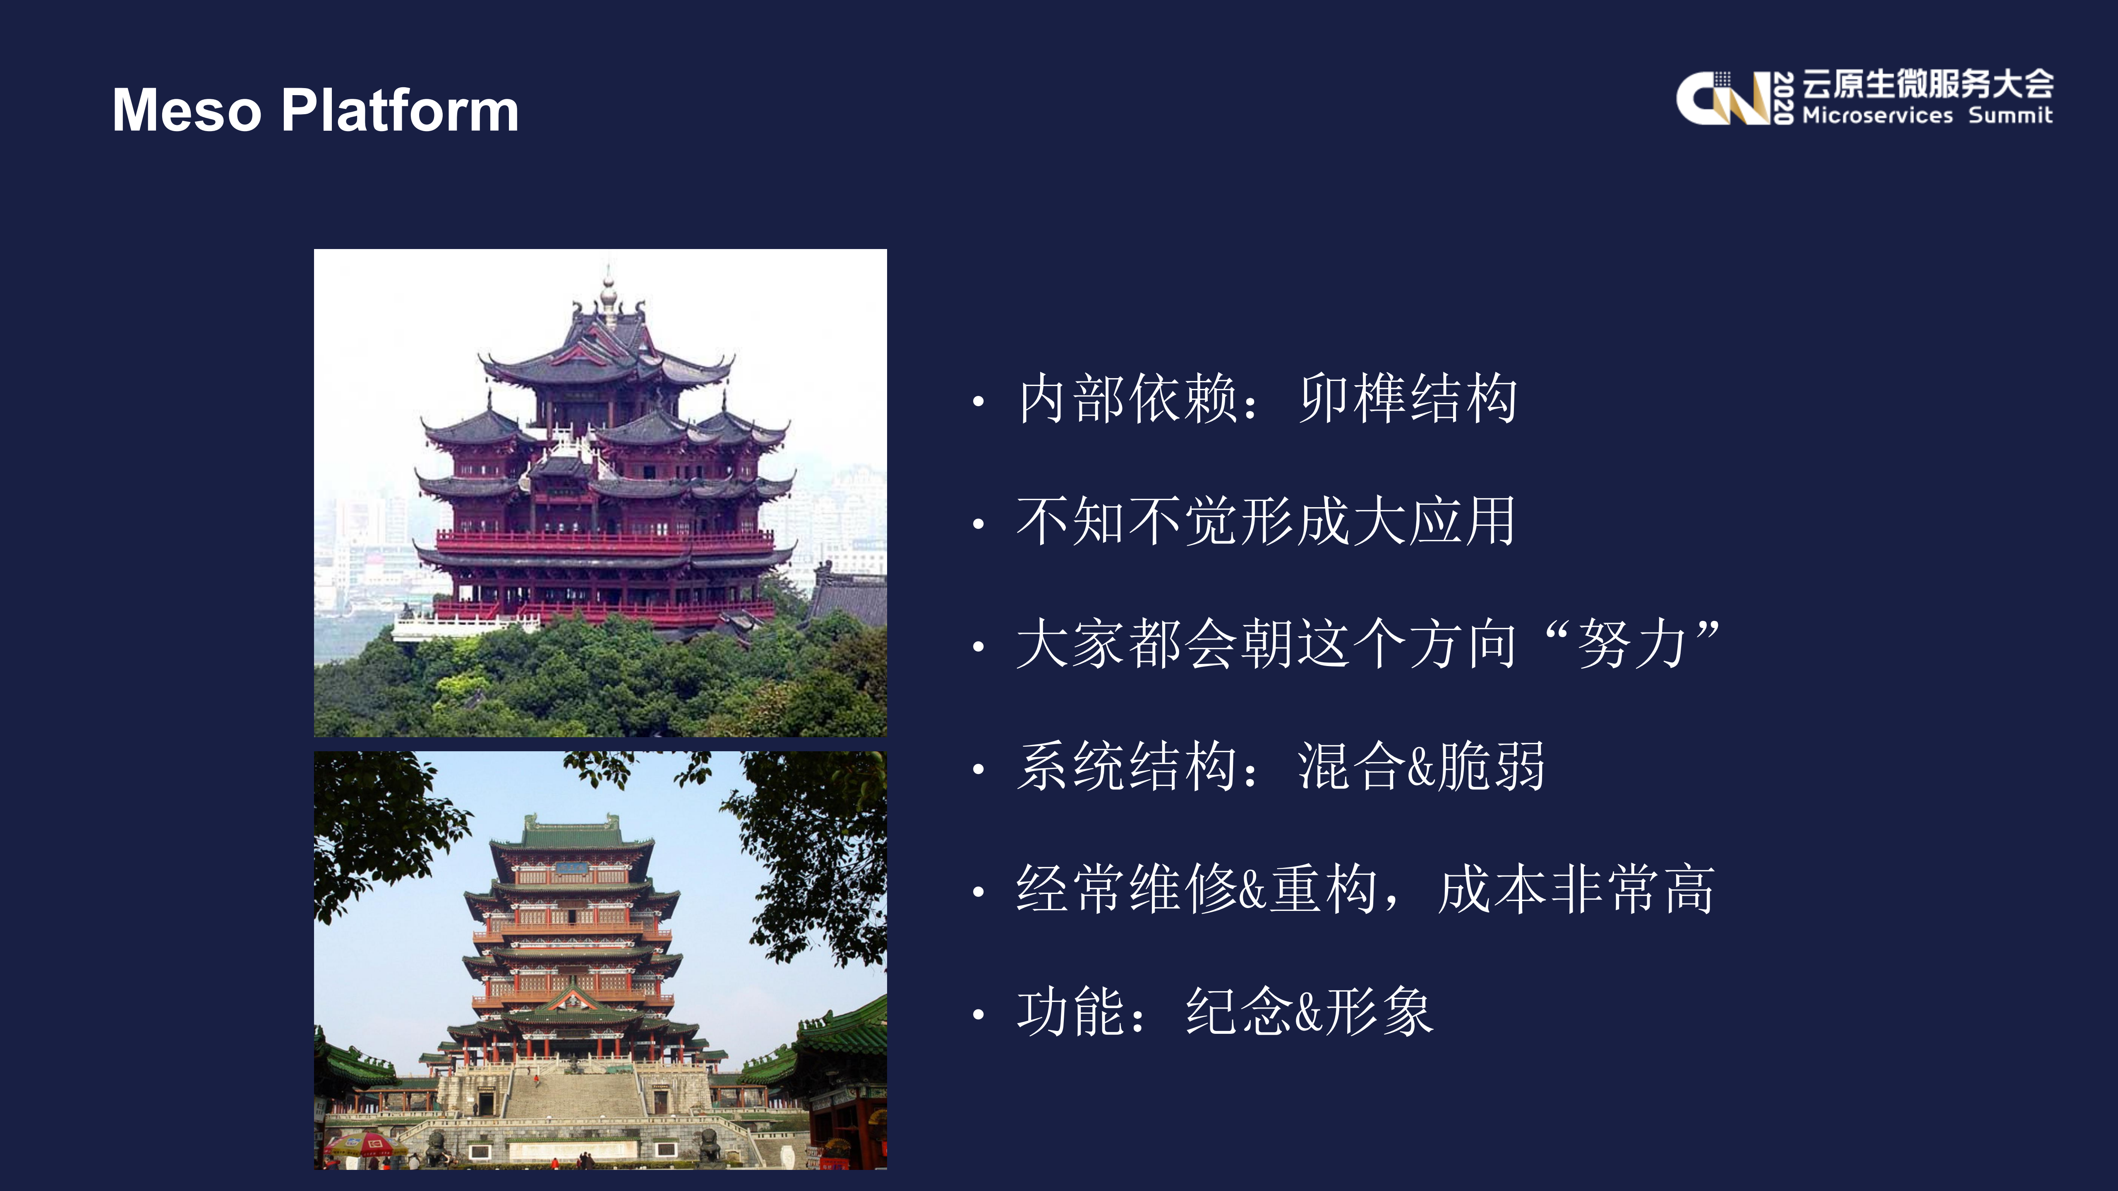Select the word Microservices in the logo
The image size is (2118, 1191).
1877,115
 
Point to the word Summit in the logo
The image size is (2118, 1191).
2010,115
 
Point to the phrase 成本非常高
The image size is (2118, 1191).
1576,889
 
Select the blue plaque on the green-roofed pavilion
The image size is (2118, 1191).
571,869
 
